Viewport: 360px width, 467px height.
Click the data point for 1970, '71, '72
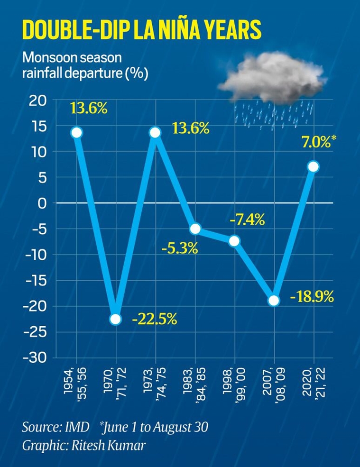(x=115, y=319)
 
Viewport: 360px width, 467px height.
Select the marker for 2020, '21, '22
(x=313, y=167)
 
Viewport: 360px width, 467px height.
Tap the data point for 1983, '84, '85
(x=194, y=229)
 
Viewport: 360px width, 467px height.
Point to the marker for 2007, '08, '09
(x=273, y=301)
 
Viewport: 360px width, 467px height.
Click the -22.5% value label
(x=154, y=319)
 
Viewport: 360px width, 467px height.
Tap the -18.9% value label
(x=311, y=297)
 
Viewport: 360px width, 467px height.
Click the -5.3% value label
(x=179, y=248)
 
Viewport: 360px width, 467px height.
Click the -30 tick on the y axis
(x=33, y=358)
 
